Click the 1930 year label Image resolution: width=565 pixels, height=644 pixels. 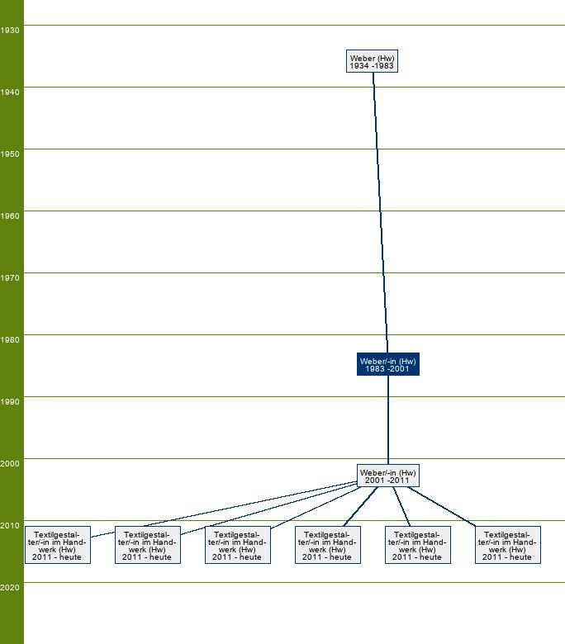pos(9,30)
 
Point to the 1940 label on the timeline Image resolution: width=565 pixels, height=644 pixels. pos(9,92)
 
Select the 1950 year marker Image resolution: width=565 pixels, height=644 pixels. pos(9,154)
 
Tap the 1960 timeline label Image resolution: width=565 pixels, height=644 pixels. pos(9,216)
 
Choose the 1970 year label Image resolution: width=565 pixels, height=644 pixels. pos(9,277)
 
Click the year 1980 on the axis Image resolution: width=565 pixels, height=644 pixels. pos(9,339)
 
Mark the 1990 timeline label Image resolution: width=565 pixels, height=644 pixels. pos(9,402)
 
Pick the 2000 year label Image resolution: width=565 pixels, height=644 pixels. pos(9,463)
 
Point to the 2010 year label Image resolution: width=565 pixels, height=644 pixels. pos(9,525)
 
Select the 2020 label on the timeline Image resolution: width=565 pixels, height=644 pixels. pos(9,587)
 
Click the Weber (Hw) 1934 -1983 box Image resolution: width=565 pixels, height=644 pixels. pos(372,61)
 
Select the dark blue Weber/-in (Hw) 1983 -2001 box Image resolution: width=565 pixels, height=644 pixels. pos(388,364)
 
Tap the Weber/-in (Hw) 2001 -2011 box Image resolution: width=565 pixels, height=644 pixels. pos(388,476)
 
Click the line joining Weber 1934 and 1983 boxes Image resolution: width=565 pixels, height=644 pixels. pos(380,212)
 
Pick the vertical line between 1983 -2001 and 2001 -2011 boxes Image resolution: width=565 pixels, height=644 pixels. pos(388,419)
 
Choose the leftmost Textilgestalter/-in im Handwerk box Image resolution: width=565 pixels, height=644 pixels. pos(58,545)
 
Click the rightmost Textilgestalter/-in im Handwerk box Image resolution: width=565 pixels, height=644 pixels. pos(507,545)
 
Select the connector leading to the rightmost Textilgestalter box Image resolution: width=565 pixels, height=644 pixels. pos(442,506)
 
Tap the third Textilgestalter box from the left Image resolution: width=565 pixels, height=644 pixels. pos(238,545)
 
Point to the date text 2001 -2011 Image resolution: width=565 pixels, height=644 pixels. pos(387,481)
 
